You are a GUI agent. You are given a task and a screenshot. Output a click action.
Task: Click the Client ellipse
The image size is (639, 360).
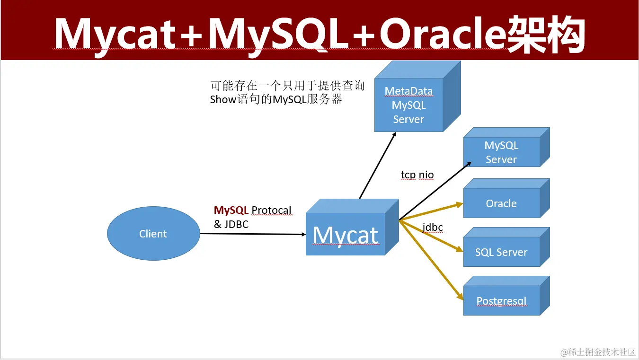153,234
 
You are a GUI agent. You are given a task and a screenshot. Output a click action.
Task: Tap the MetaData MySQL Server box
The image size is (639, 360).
408,105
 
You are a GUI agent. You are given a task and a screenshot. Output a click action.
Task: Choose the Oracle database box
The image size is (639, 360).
501,203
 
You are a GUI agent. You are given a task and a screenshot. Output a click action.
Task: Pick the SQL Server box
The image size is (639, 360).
501,252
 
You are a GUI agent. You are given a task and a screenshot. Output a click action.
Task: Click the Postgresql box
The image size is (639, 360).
501,301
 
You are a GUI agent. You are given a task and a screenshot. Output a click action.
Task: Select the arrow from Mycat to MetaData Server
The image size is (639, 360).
377,166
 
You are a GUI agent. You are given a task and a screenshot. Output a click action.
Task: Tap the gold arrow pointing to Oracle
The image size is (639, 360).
431,212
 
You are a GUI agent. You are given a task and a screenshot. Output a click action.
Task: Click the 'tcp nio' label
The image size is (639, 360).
417,175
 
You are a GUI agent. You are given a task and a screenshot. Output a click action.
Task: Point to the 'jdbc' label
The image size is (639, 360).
433,227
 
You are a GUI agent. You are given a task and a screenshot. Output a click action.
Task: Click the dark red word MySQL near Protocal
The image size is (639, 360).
231,210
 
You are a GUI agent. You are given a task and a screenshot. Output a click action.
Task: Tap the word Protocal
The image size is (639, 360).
271,210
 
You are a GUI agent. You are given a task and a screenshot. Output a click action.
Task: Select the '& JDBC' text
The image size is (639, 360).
231,224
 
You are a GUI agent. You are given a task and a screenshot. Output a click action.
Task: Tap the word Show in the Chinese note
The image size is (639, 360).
223,100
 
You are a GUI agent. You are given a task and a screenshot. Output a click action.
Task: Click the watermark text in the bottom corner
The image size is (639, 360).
598,352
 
